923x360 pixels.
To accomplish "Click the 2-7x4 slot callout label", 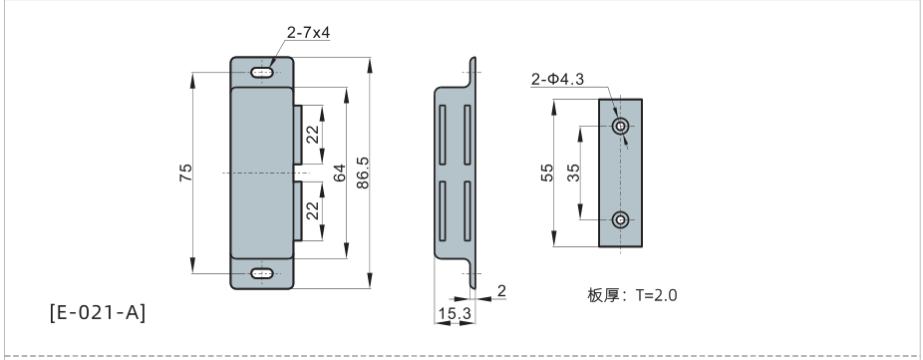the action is [308, 32].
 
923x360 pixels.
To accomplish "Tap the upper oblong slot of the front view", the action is [262, 73].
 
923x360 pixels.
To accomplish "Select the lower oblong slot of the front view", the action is [262, 273].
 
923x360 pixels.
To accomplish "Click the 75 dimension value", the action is [185, 173].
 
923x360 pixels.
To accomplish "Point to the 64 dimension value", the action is [339, 173].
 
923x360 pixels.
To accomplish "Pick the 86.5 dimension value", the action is [363, 173].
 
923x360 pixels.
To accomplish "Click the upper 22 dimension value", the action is [313, 135].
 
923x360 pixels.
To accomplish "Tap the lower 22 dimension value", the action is [313, 211].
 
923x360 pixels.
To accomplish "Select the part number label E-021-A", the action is [97, 312].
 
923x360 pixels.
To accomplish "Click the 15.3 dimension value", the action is [456, 313].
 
